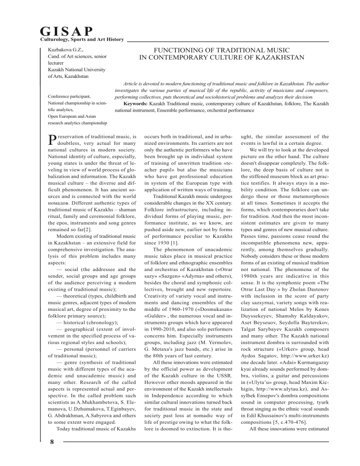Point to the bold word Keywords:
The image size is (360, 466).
click(135, 103)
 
